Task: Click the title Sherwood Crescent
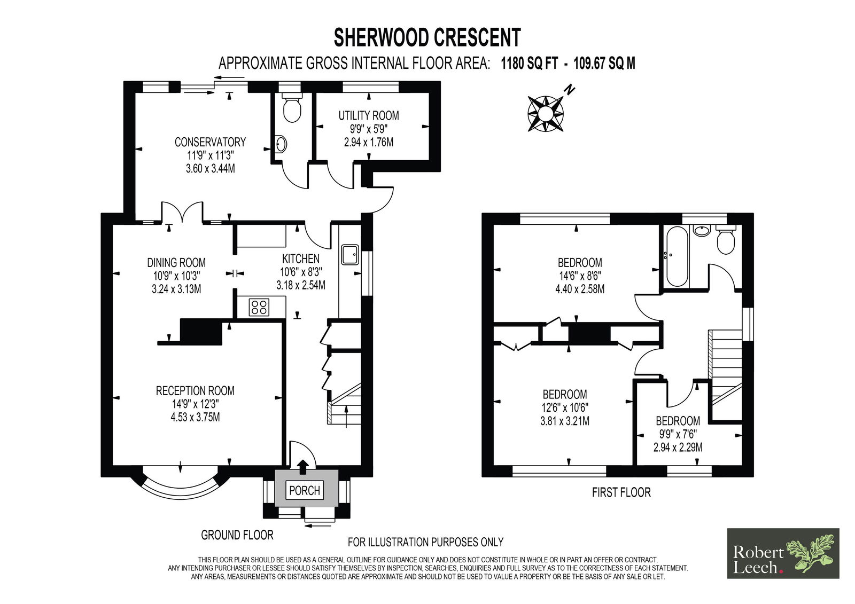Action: pyautogui.click(x=427, y=37)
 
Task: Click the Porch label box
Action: pyautogui.click(x=305, y=490)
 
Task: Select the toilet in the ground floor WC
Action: pyautogui.click(x=292, y=108)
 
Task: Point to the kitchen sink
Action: pyautogui.click(x=350, y=255)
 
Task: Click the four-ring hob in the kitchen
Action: pyautogui.click(x=259, y=307)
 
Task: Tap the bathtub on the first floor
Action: pyautogui.click(x=677, y=256)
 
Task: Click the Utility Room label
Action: pyautogui.click(x=369, y=129)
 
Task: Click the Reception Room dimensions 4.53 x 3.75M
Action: pyautogui.click(x=195, y=417)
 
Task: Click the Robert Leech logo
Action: pyautogui.click(x=783, y=553)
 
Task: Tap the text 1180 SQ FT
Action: pyautogui.click(x=530, y=63)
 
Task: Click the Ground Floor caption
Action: pyautogui.click(x=237, y=535)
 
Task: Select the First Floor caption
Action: pyautogui.click(x=621, y=492)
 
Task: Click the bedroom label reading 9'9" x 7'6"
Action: pyautogui.click(x=678, y=434)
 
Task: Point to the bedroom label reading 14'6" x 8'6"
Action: pyautogui.click(x=580, y=276)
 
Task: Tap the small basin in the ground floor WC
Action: pyautogui.click(x=281, y=145)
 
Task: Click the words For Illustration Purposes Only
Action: pyautogui.click(x=425, y=542)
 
